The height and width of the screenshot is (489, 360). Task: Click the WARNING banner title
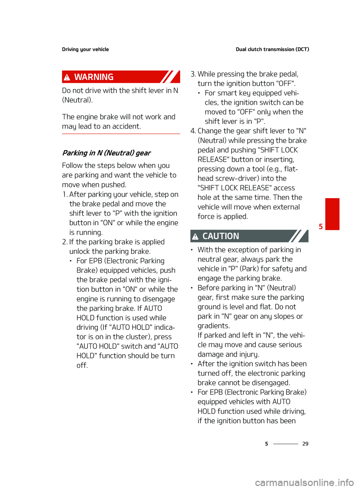pos(94,77)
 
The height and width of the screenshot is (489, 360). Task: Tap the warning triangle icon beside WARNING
pos(67,77)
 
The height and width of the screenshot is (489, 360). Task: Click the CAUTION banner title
pos(220,236)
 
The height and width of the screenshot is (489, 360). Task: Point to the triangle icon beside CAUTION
pos(195,236)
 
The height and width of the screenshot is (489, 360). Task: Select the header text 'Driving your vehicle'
pos(85,49)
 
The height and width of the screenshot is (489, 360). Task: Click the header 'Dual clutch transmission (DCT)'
pos(272,49)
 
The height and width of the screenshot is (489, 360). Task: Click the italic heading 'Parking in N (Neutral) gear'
pos(106,153)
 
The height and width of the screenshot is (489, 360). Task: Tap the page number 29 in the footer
pos(305,444)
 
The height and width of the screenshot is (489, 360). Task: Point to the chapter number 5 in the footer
pos(267,444)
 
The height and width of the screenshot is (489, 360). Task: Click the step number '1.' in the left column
pos(65,194)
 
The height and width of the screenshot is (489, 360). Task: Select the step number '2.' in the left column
pos(64,242)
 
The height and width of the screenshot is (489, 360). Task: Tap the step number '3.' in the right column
pos(193,74)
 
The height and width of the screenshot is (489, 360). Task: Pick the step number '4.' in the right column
pos(193,131)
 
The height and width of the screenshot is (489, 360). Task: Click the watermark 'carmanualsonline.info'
pos(304,482)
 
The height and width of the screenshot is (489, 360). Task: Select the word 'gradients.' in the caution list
pos(214,325)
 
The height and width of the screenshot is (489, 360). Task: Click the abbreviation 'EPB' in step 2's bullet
pos(96,260)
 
